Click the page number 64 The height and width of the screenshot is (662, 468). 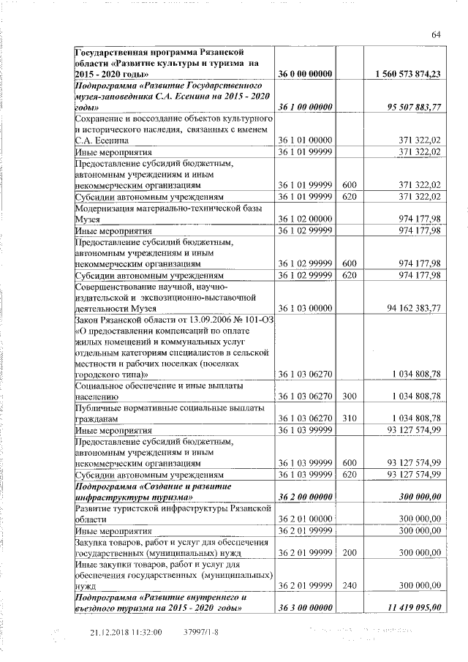pos(436,35)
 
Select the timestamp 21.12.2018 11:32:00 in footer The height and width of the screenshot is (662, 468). pos(125,631)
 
